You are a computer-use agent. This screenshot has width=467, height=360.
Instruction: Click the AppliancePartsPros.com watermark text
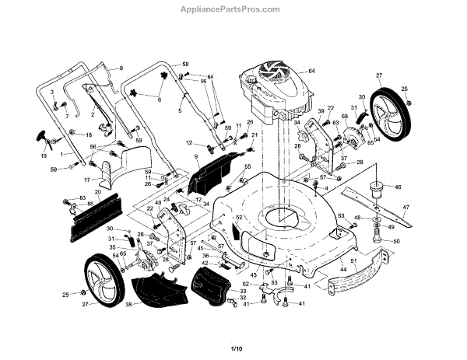[233, 9]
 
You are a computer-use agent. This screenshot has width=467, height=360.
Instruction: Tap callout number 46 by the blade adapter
[397, 187]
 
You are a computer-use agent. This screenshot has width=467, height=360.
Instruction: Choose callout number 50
[395, 242]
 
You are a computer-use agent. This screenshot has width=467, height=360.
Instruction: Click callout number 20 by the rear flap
[98, 192]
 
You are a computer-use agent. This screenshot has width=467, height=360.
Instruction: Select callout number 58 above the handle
[185, 63]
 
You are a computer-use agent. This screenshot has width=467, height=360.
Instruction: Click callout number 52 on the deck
[240, 217]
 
